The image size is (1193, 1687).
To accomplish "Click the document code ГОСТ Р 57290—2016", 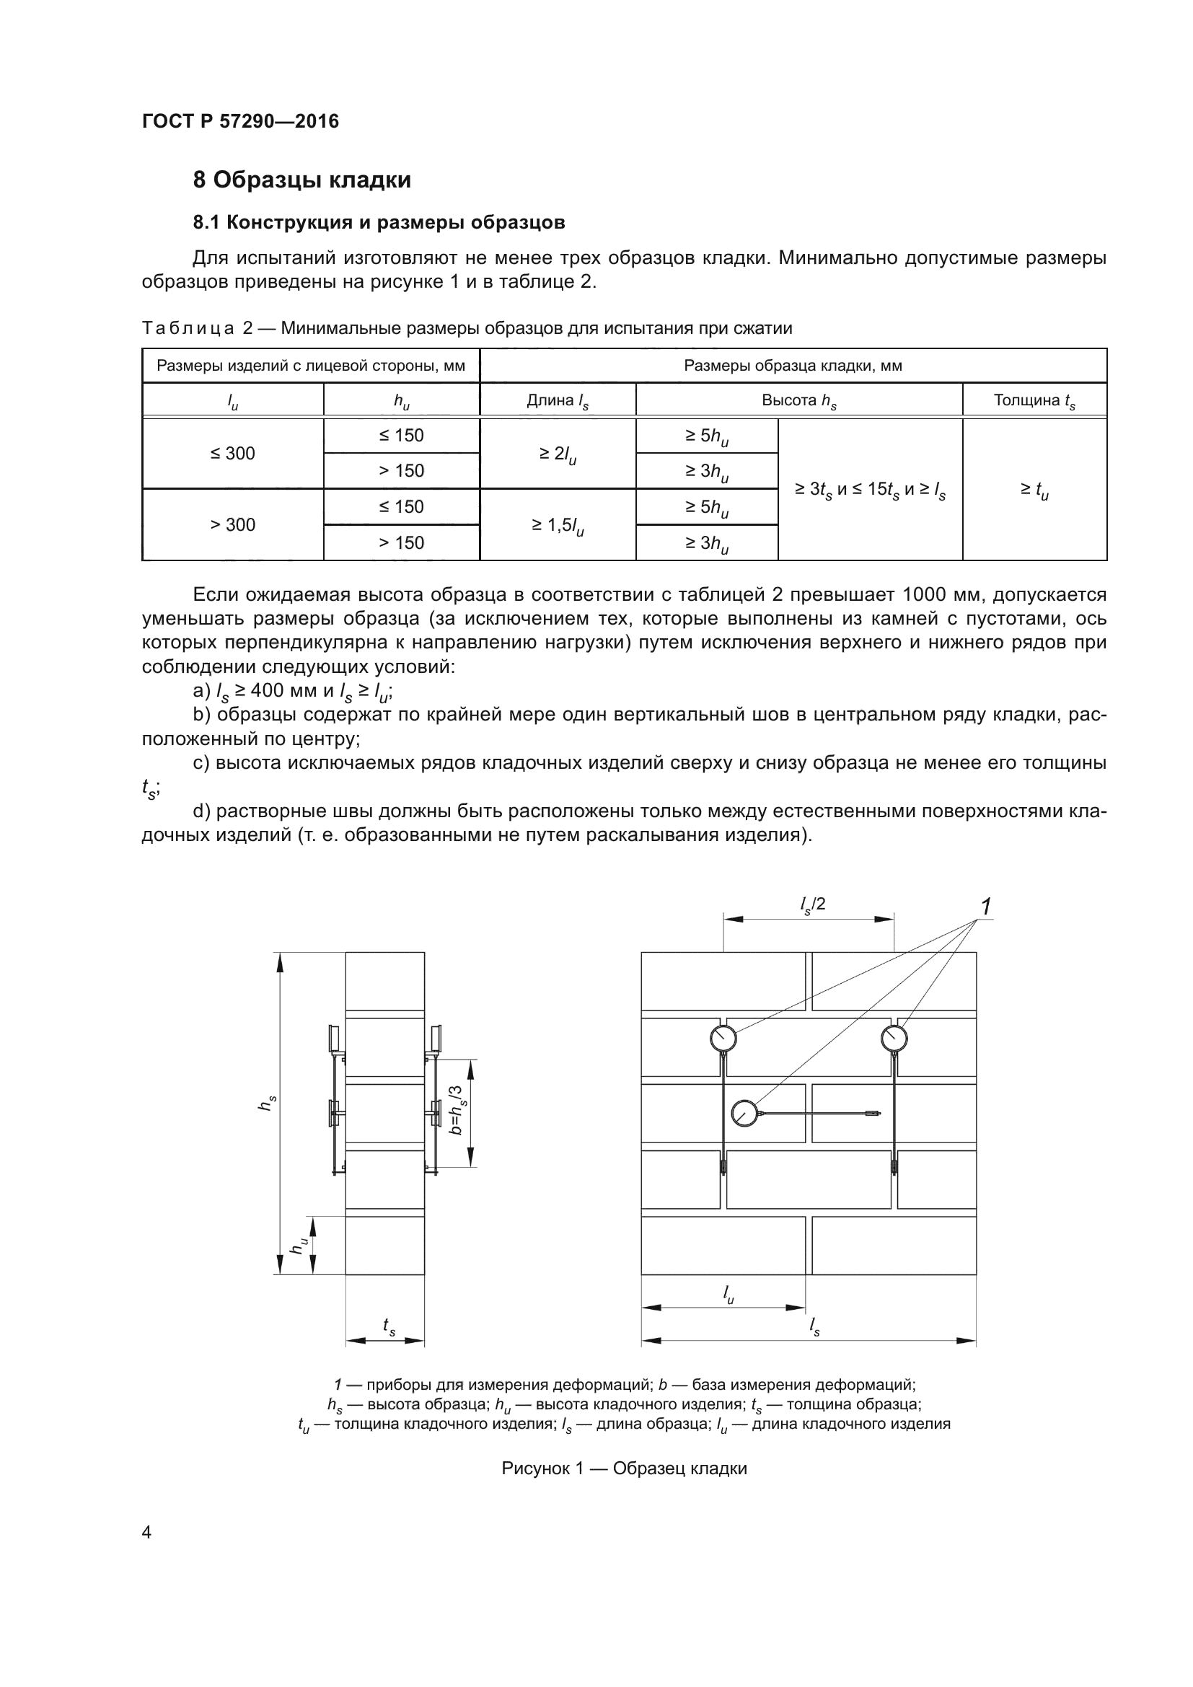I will pos(240,121).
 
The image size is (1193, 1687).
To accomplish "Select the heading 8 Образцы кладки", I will pos(302,180).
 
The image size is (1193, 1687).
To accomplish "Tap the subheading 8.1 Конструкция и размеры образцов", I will pos(379,223).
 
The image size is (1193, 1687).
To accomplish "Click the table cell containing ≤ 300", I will pos(233,454).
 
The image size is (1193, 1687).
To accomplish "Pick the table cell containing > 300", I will pos(233,524).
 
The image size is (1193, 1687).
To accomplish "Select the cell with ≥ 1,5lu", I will pos(558,525).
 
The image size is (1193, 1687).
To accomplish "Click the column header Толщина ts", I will pos(1034,400).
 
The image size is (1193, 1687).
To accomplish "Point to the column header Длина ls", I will pos(558,400).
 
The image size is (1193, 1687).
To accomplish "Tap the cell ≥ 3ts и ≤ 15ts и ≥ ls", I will pos(870,490).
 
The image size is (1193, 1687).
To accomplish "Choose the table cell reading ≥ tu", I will pos(1034,490).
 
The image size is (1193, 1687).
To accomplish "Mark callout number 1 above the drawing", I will pos(986,907).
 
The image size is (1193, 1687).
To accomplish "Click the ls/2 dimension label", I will pos(812,904).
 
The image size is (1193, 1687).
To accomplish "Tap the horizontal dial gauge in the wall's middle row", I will pos(745,1113).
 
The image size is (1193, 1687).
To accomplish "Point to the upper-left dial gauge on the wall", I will pos(723,1038).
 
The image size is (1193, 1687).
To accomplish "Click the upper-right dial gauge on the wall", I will pos(894,1038).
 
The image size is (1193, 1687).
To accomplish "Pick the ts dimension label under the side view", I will pos(389,1325).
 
